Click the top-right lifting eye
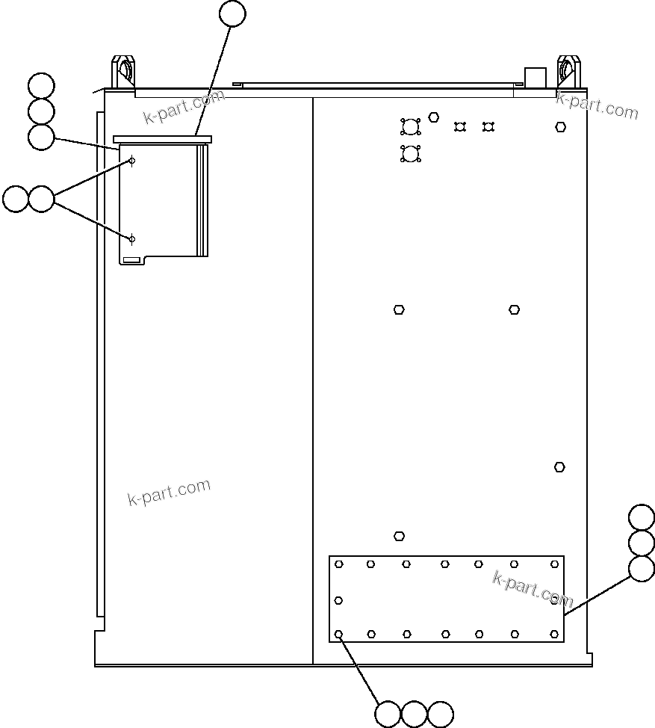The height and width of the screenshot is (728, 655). [568, 71]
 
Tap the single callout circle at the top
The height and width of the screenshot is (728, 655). [233, 13]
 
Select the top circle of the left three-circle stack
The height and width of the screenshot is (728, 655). [41, 86]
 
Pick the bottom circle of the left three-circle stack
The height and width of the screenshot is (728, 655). [41, 137]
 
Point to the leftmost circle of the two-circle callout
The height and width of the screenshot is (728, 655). [16, 200]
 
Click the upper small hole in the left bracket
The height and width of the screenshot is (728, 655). [132, 161]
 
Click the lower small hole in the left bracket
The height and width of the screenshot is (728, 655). [132, 239]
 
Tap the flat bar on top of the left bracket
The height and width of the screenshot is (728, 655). [163, 139]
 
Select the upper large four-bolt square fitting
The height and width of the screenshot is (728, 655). [410, 126]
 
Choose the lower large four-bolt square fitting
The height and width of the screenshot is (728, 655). [410, 154]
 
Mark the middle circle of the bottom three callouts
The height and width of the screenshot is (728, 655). [414, 715]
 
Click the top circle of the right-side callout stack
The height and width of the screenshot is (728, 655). [642, 517]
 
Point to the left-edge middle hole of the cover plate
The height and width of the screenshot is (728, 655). [338, 600]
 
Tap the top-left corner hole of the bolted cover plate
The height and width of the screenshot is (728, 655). [339, 564]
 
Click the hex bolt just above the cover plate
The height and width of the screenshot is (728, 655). [400, 536]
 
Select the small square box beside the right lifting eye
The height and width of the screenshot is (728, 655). [536, 78]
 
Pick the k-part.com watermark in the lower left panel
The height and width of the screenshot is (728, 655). [170, 493]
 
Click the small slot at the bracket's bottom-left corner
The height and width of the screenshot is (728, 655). [131, 259]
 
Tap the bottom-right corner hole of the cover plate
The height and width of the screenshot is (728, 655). [554, 634]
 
